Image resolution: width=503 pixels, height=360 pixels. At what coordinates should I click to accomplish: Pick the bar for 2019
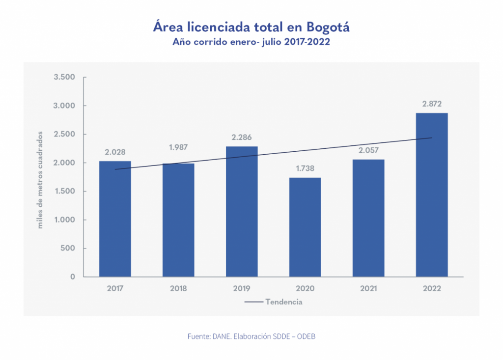(x=242, y=211)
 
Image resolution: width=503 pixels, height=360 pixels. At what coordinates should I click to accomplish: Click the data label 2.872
(x=431, y=104)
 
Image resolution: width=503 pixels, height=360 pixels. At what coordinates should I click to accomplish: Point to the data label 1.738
(x=305, y=168)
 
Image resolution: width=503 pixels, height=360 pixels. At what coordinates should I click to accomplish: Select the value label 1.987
(x=178, y=147)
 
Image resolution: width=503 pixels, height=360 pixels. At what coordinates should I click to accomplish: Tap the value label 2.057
(x=368, y=150)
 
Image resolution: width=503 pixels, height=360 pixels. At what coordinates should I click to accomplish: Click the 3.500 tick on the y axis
(x=64, y=77)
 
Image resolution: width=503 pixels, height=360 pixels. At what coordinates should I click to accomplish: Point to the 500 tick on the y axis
(x=68, y=248)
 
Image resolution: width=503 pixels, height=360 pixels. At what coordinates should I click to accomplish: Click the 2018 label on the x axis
(x=178, y=289)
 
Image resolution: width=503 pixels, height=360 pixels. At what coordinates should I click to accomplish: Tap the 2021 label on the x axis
(x=368, y=289)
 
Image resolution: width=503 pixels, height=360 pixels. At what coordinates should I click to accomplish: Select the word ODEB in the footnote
(x=311, y=336)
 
